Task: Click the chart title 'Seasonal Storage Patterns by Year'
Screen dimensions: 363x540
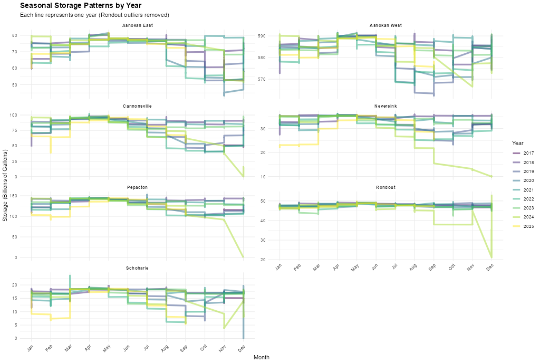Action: click(x=80, y=5)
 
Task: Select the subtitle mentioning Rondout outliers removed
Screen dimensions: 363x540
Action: click(x=94, y=15)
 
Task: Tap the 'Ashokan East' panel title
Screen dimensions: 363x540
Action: click(x=137, y=25)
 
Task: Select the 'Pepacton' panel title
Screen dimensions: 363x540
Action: click(x=137, y=187)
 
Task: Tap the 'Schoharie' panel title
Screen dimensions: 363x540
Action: click(x=137, y=268)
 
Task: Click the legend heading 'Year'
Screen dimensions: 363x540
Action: click(x=517, y=143)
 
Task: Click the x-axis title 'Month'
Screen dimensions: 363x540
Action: click(x=262, y=357)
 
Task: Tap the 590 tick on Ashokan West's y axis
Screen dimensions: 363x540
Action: click(x=273, y=36)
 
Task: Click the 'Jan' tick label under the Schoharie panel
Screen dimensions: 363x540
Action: click(x=31, y=349)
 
